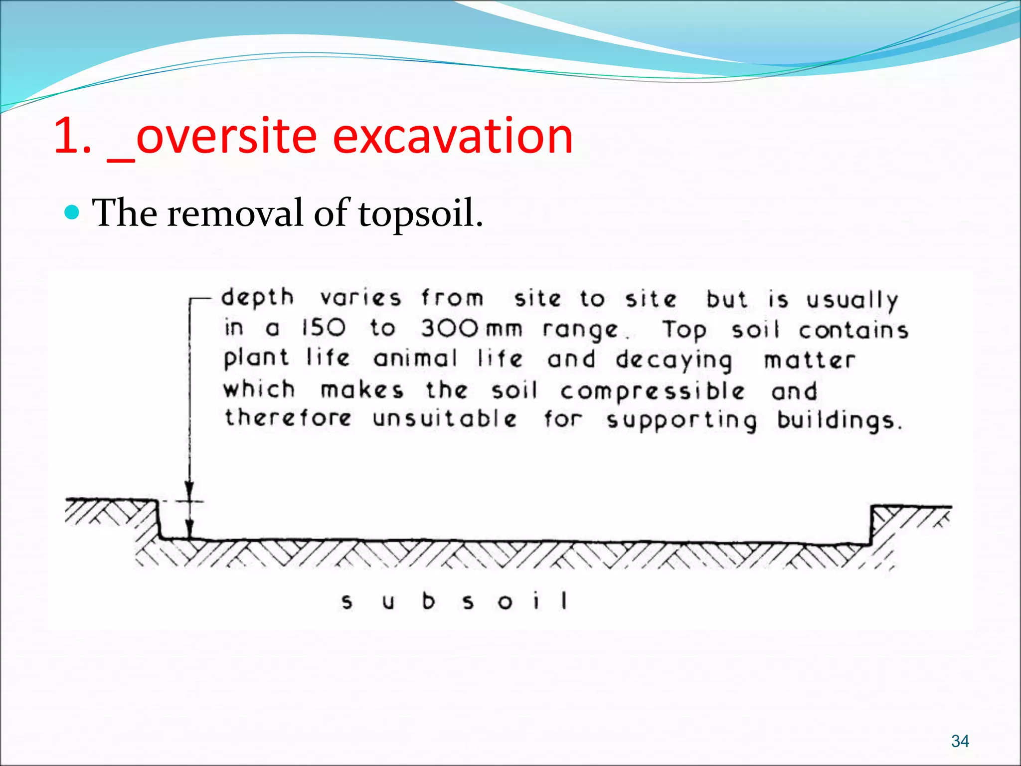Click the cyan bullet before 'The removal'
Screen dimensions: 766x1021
point(73,213)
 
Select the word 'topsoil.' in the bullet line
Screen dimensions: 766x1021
point(420,213)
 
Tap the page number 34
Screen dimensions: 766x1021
point(960,741)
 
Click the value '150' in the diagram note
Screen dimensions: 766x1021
point(324,328)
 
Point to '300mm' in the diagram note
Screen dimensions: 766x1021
point(471,329)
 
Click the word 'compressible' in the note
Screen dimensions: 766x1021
point(652,391)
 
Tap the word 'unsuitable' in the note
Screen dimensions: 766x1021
point(445,418)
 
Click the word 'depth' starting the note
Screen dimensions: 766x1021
point(257,297)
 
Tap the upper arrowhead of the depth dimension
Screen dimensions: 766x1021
point(189,491)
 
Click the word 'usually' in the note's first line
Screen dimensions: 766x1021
point(852,300)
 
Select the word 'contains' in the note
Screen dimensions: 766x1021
point(853,331)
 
